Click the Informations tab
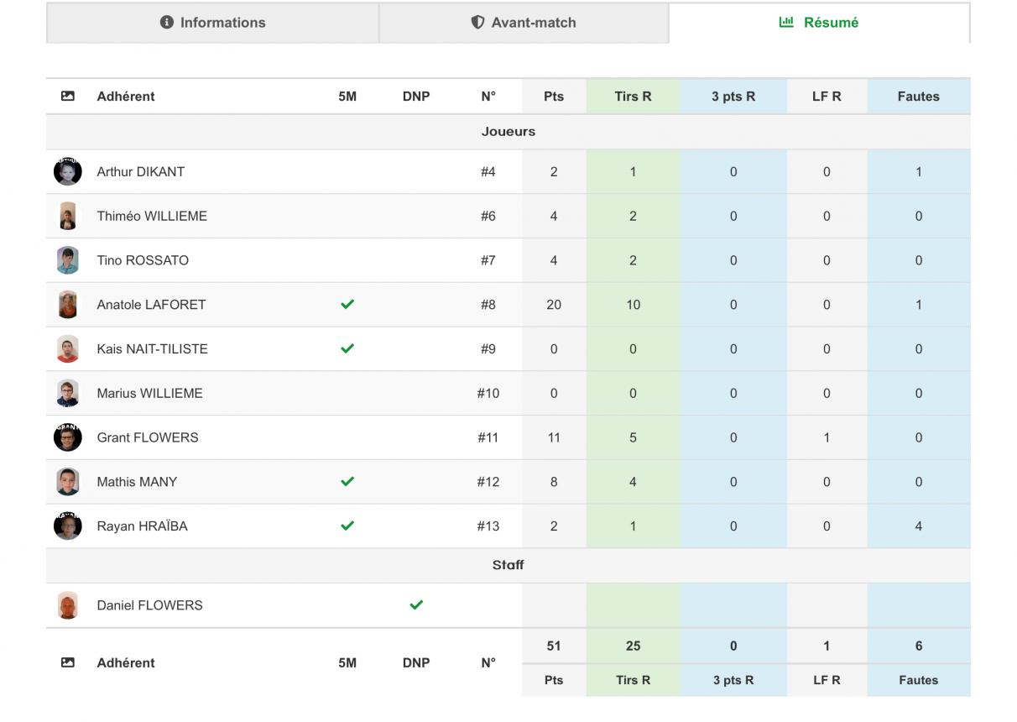click(x=212, y=23)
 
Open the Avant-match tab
click(x=524, y=23)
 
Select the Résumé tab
click(x=819, y=23)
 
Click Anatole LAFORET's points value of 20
click(x=554, y=305)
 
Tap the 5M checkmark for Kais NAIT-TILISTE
click(x=347, y=348)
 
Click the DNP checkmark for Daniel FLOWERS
click(x=416, y=604)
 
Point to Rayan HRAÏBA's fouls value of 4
click(x=919, y=526)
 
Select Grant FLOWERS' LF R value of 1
click(x=827, y=437)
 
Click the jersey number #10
click(x=488, y=393)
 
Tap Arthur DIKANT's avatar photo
click(x=68, y=171)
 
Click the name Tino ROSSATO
click(x=143, y=260)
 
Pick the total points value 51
click(x=554, y=646)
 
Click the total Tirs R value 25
click(x=633, y=646)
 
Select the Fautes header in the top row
click(x=919, y=97)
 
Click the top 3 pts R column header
click(x=733, y=97)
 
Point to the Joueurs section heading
click(x=508, y=132)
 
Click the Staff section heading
click(x=508, y=565)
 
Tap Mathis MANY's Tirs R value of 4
click(x=633, y=482)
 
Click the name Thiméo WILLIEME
click(x=152, y=216)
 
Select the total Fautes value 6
click(x=919, y=646)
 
